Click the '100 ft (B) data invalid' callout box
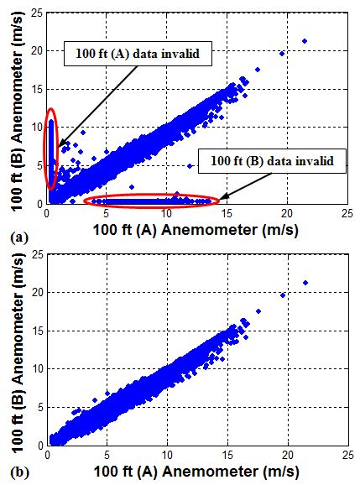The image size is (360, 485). pos(277,160)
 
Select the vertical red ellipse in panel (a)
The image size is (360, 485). pos(52,149)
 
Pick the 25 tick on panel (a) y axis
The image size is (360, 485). pos(35,12)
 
